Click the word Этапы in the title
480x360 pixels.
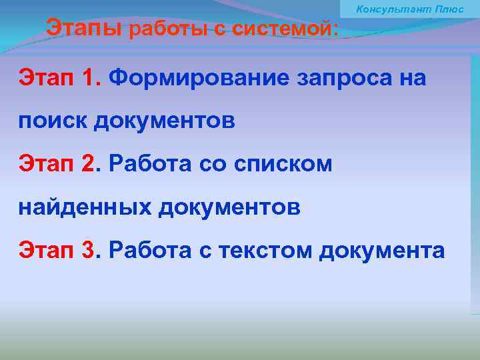click(x=84, y=29)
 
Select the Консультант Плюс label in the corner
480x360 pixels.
click(x=410, y=9)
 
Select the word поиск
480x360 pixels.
click(x=53, y=121)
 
